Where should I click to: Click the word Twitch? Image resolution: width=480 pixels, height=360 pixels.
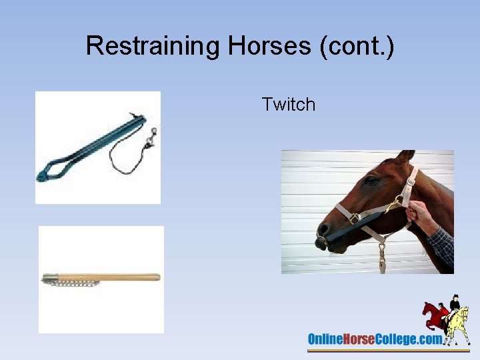[288, 105]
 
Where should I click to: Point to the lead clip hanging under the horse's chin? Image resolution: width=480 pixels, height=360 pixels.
[382, 257]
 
